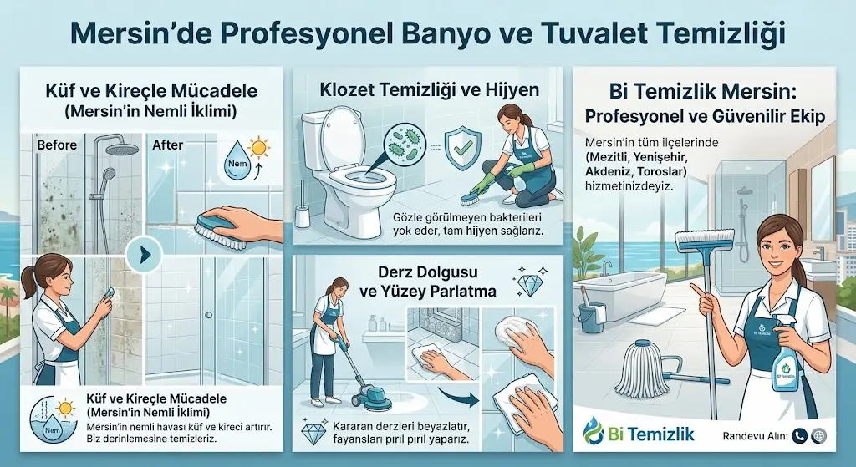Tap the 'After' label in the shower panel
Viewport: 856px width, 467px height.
(x=168, y=145)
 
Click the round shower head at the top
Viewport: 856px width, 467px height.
(x=123, y=148)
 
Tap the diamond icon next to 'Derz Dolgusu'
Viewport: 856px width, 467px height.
(x=528, y=285)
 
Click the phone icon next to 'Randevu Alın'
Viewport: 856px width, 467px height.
(x=799, y=435)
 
